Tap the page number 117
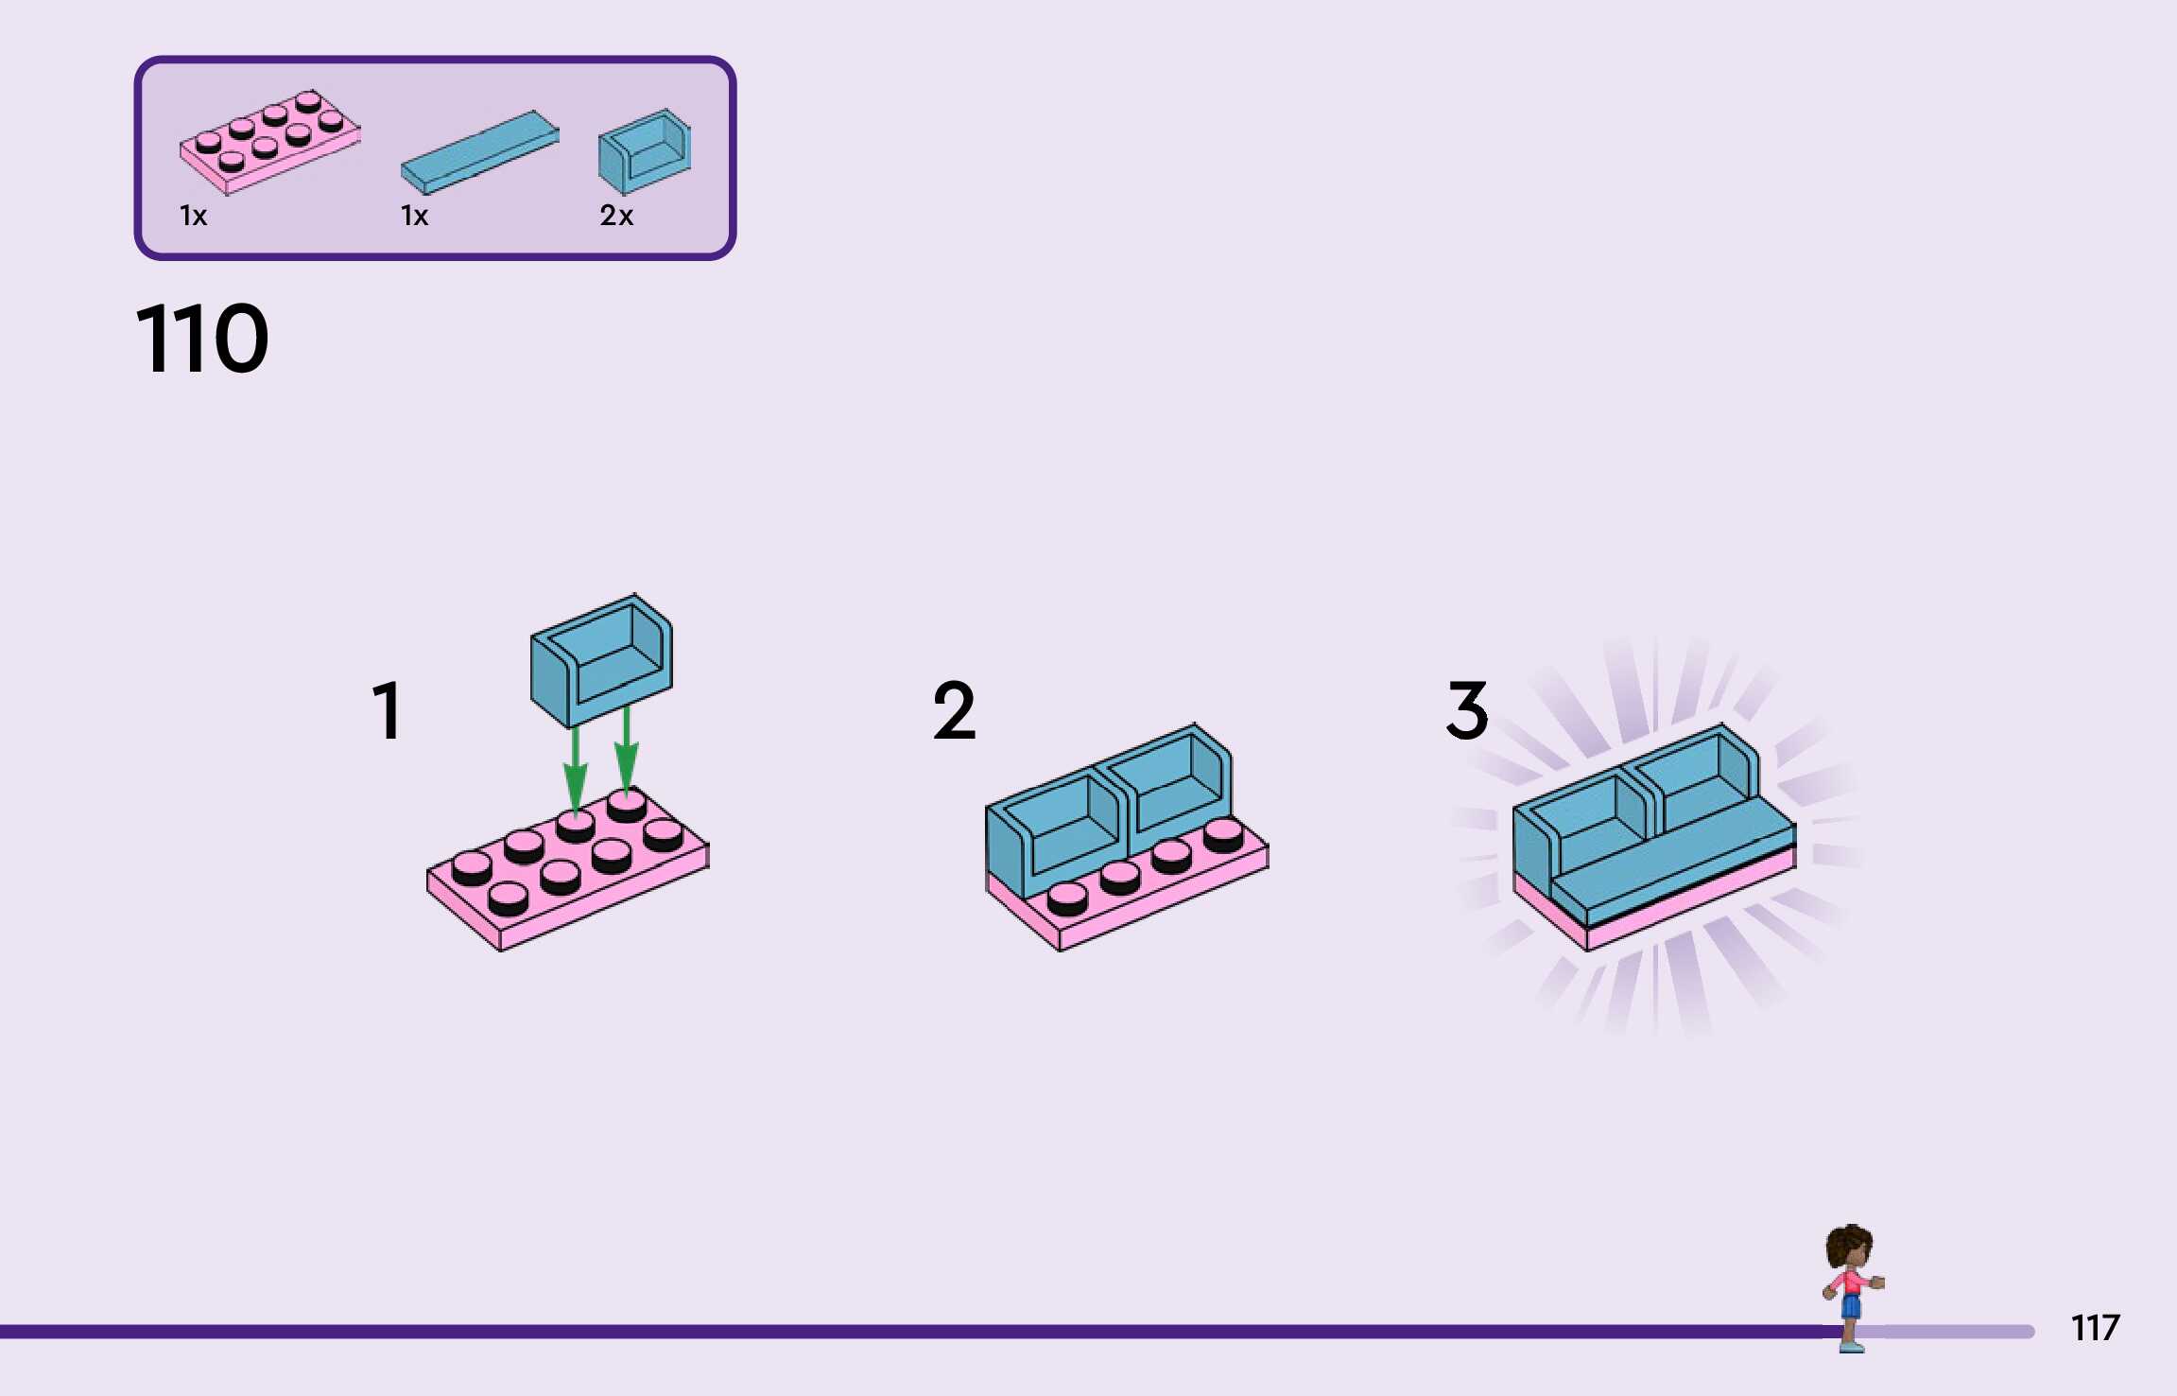point(2095,1328)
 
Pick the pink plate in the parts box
point(269,142)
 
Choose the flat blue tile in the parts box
point(480,150)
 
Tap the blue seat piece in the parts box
point(645,151)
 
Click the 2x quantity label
point(616,216)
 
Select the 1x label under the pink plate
point(193,216)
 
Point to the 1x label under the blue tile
point(414,216)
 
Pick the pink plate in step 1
point(567,870)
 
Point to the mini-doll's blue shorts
point(1851,1306)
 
